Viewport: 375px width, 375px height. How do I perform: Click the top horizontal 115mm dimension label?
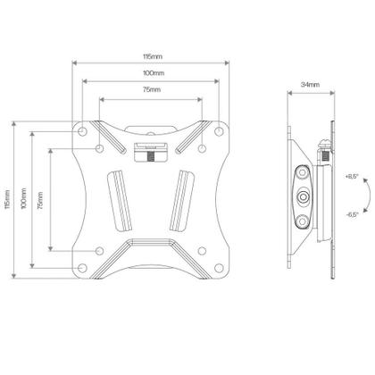coord(150,55)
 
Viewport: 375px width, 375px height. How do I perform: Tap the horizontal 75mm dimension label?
coord(150,91)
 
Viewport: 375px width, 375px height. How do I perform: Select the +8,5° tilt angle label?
coord(351,176)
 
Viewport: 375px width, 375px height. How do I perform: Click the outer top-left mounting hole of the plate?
coord(83,130)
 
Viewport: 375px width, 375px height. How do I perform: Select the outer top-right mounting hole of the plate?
coord(219,130)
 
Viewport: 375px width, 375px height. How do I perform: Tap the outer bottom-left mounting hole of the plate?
coord(83,265)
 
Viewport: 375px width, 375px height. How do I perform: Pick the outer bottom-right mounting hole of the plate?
coord(219,265)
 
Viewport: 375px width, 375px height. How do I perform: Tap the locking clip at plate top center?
coord(150,150)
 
